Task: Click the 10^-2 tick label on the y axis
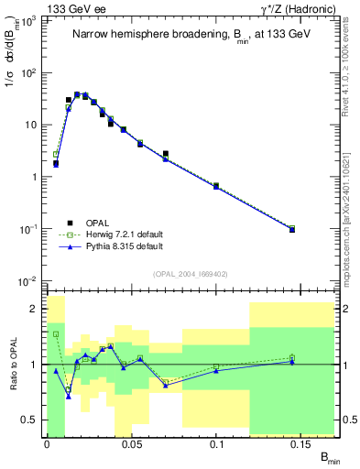[x=29, y=280]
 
